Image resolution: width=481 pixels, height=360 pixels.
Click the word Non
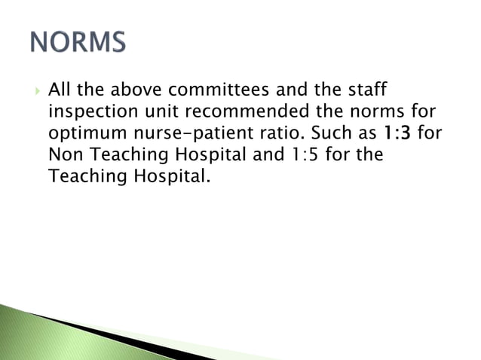coord(64,156)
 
